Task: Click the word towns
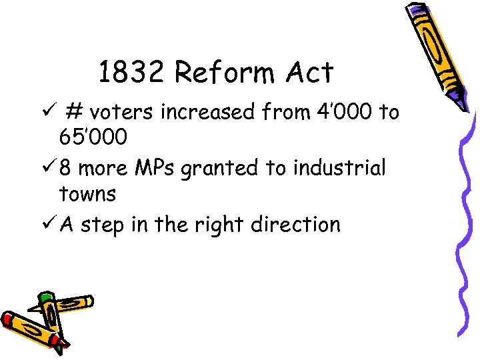[x=87, y=195]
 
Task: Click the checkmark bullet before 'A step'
[x=49, y=224]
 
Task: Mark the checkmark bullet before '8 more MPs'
[x=49, y=168]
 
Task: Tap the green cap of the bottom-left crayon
[x=45, y=297]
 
